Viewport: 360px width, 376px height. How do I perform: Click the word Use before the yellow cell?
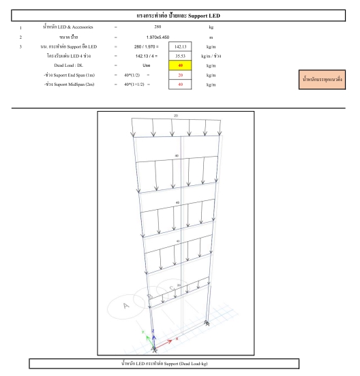click(x=155, y=65)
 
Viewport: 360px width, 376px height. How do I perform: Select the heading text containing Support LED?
click(x=179, y=14)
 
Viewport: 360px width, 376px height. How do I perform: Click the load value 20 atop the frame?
click(x=175, y=116)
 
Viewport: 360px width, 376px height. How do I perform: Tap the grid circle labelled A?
click(x=125, y=306)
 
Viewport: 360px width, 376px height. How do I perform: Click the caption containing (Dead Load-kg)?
click(x=179, y=362)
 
